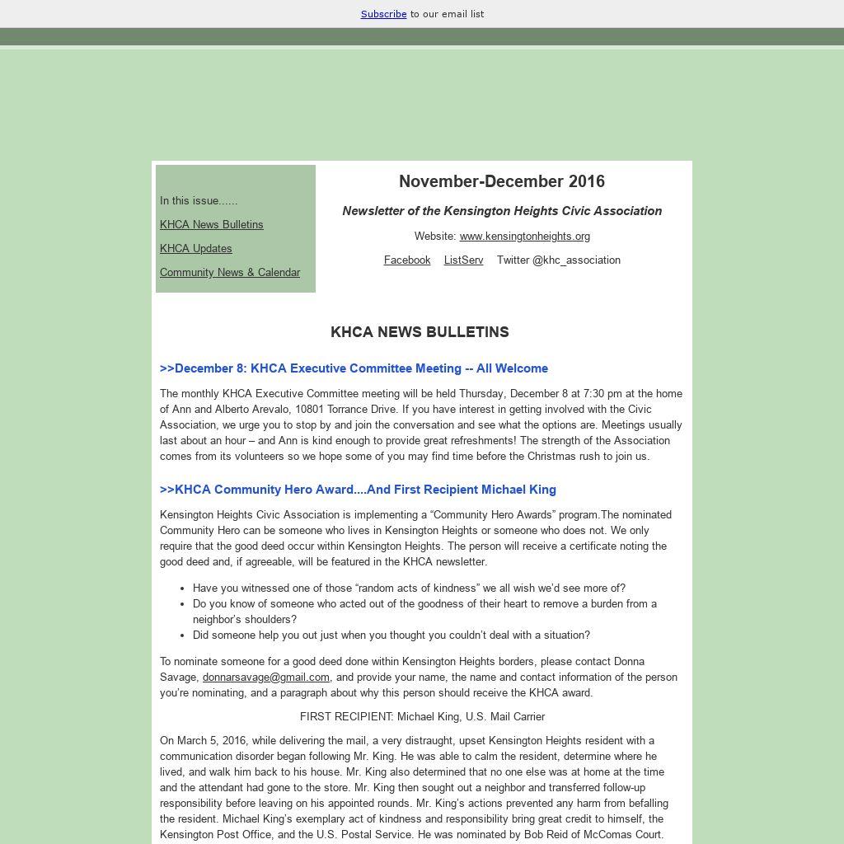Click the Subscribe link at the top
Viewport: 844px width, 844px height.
click(383, 14)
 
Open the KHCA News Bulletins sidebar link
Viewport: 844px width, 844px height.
click(211, 224)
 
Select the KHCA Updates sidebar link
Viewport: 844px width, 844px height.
click(195, 248)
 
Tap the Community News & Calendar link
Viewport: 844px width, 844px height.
click(229, 272)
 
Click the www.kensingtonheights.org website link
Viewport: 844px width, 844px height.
click(524, 236)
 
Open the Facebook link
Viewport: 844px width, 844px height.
click(407, 260)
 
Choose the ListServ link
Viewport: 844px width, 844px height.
click(463, 260)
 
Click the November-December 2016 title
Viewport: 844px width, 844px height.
click(501, 181)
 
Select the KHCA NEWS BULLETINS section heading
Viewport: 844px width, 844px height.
click(420, 332)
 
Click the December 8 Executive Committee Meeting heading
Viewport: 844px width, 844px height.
click(354, 368)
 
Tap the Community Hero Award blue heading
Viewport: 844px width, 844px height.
click(358, 490)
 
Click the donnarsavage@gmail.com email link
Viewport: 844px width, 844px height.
click(265, 677)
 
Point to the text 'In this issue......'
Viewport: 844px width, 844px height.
click(199, 200)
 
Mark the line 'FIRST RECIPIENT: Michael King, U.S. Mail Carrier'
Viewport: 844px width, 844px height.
click(422, 716)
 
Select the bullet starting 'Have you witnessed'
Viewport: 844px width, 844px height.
click(409, 588)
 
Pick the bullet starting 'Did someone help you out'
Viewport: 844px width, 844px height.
click(391, 635)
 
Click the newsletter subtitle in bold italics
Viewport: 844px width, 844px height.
click(502, 211)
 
